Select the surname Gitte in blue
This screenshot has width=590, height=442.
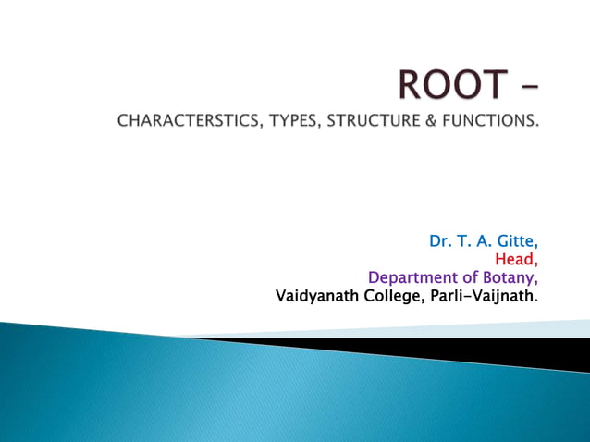[515, 241]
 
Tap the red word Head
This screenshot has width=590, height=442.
[517, 260]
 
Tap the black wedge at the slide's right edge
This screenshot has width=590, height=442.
[518, 352]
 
